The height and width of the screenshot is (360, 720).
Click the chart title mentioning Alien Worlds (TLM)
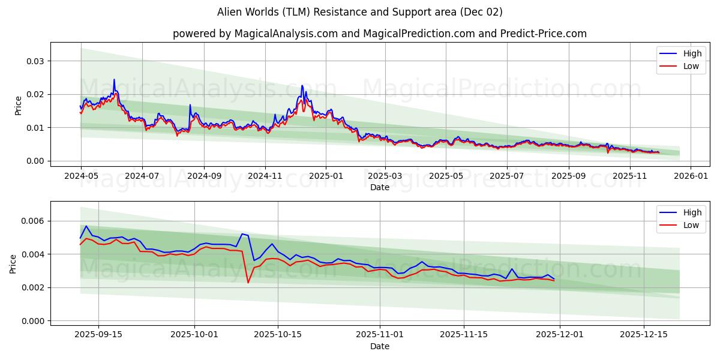pos(360,12)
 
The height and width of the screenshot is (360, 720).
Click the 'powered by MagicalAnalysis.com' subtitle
pos(379,34)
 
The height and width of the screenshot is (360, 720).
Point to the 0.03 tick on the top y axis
pos(35,61)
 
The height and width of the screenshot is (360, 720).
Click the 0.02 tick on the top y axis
pos(35,94)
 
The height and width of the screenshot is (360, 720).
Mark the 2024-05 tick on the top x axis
pos(81,176)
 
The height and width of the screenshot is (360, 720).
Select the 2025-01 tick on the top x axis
pos(326,176)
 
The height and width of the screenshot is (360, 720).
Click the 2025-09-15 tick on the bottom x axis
pos(98,335)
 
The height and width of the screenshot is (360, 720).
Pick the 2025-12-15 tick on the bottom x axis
pos(644,335)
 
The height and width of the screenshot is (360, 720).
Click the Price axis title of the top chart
pos(18,105)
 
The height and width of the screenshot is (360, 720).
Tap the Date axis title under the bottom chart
pos(379,346)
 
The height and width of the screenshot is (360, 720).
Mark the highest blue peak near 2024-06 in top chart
pos(114,80)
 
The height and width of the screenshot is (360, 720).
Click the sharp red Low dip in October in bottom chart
pos(248,282)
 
